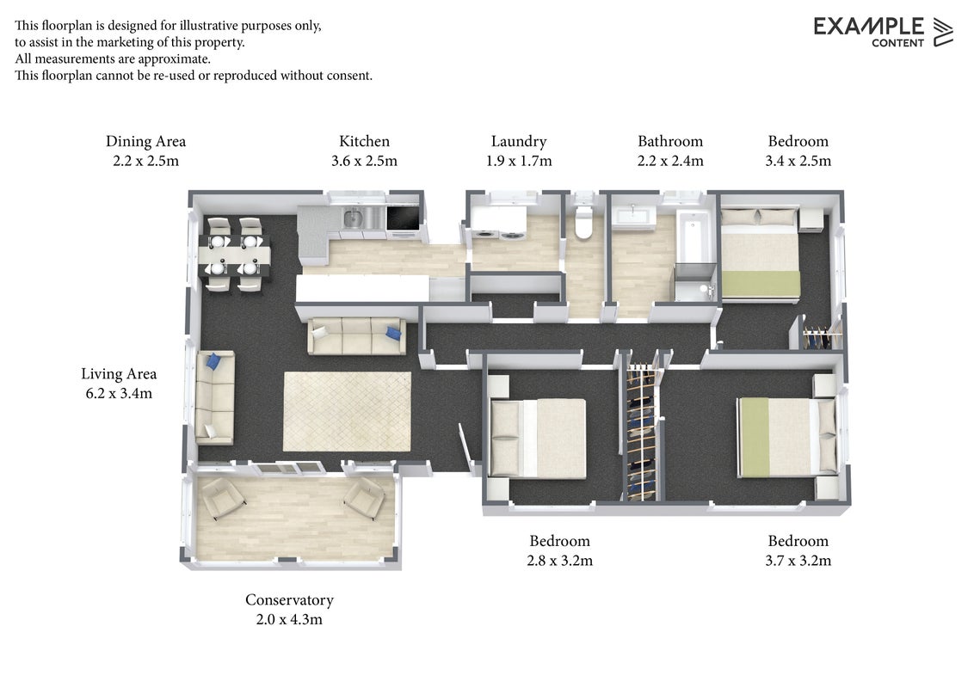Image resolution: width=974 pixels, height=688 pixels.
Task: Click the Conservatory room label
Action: tap(289, 599)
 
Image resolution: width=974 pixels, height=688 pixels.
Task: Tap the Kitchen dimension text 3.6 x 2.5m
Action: tap(364, 161)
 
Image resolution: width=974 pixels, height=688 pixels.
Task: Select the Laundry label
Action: tap(519, 142)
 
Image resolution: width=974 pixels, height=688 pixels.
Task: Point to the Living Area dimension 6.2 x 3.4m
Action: tap(119, 393)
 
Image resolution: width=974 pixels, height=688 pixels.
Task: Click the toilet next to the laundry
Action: tap(583, 222)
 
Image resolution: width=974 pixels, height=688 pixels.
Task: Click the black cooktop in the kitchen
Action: tap(404, 218)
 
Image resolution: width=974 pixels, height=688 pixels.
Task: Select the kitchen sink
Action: tap(353, 218)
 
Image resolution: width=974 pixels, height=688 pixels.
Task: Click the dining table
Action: tap(234, 254)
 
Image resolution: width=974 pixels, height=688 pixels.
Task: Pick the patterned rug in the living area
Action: tap(348, 412)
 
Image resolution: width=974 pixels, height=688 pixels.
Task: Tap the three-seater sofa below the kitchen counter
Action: tap(357, 336)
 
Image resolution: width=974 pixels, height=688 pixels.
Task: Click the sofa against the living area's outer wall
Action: tap(215, 397)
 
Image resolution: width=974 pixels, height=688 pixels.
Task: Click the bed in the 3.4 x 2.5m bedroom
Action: tap(760, 255)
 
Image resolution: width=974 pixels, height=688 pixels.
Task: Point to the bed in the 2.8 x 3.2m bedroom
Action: tap(538, 439)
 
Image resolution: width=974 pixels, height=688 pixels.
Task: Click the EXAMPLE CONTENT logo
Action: tap(883, 32)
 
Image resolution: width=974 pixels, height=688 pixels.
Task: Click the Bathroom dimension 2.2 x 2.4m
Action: tap(670, 161)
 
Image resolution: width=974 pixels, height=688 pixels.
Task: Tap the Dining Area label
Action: tap(146, 142)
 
